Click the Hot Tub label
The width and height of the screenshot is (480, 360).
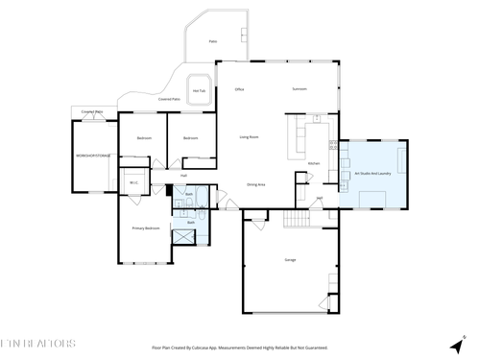pyautogui.click(x=201, y=91)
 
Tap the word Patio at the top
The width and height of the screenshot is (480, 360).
pyautogui.click(x=212, y=41)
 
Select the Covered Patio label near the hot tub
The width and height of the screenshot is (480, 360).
pyautogui.click(x=169, y=99)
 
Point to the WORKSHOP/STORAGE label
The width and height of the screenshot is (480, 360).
pyautogui.click(x=93, y=155)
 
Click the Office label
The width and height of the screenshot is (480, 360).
pyautogui.click(x=240, y=89)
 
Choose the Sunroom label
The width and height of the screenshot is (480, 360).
pyautogui.click(x=299, y=89)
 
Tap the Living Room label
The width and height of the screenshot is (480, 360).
pyautogui.click(x=250, y=137)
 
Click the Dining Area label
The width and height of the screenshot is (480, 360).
pyautogui.click(x=255, y=183)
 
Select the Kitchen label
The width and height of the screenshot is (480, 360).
pyautogui.click(x=313, y=163)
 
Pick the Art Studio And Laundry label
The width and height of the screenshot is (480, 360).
pyautogui.click(x=372, y=173)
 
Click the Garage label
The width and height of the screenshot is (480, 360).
pyautogui.click(x=290, y=260)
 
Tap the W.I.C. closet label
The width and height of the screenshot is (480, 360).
pyautogui.click(x=134, y=182)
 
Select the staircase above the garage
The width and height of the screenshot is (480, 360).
pyautogui.click(x=298, y=220)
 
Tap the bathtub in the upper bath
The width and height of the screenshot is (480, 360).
pyautogui.click(x=190, y=204)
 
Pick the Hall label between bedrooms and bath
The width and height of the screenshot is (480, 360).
pyautogui.click(x=182, y=175)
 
